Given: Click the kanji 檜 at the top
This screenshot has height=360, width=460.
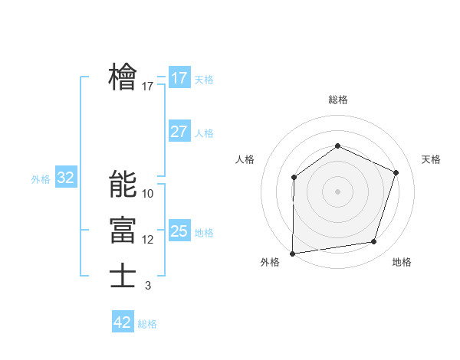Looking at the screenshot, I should pyautogui.click(x=123, y=77).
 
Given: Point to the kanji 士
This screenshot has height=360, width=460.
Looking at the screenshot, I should pyautogui.click(x=123, y=276).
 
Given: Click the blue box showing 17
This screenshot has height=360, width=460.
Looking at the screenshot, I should pyautogui.click(x=179, y=78).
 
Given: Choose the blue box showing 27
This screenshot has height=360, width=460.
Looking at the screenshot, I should pyautogui.click(x=179, y=132).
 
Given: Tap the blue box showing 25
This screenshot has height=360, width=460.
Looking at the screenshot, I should pyautogui.click(x=179, y=231).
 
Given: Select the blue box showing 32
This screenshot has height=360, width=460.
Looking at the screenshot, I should pyautogui.click(x=66, y=178).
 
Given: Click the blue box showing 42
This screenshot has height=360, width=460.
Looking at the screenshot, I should pyautogui.click(x=123, y=322).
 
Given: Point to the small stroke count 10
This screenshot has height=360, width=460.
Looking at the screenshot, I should pyautogui.click(x=148, y=194).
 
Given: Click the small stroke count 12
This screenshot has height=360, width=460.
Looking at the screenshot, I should pyautogui.click(x=148, y=240).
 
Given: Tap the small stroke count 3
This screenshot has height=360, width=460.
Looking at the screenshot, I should pyautogui.click(x=148, y=286).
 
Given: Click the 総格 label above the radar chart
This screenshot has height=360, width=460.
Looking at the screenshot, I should pyautogui.click(x=337, y=100).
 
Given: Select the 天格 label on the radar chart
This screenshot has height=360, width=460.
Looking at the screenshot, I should pyautogui.click(x=431, y=159).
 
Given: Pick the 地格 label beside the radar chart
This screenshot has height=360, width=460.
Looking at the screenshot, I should pyautogui.click(x=402, y=262).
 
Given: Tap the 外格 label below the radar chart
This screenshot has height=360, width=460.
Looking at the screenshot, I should pyautogui.click(x=270, y=262).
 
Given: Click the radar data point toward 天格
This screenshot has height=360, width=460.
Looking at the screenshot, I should pyautogui.click(x=396, y=172).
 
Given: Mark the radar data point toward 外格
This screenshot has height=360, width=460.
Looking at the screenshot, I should pyautogui.click(x=292, y=254).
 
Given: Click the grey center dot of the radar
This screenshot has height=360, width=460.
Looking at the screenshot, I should pyautogui.click(x=337, y=191).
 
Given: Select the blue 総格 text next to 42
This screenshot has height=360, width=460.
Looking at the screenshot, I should pyautogui.click(x=147, y=324).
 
